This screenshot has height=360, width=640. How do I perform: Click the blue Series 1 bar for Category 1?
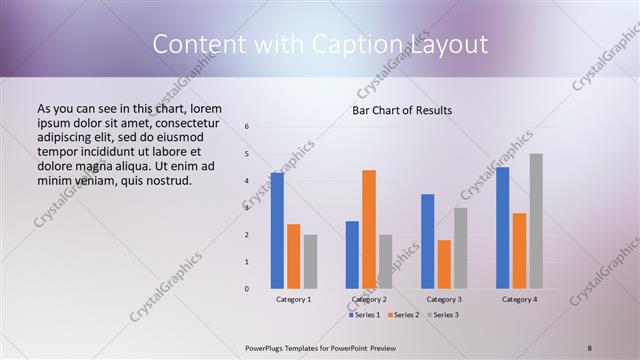tap(277, 231)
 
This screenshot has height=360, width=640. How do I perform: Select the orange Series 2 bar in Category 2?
tap(369, 229)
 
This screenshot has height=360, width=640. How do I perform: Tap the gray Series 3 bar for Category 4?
tap(536, 221)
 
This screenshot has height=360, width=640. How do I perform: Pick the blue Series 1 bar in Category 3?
tap(428, 241)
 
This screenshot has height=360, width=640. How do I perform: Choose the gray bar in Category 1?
tap(310, 262)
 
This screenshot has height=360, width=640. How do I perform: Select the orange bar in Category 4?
tap(519, 251)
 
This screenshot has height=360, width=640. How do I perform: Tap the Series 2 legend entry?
tap(404, 315)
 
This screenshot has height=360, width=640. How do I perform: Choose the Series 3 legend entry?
tap(442, 315)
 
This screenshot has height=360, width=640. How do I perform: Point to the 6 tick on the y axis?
tap(247, 127)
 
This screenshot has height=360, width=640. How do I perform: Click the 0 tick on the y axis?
tap(247, 289)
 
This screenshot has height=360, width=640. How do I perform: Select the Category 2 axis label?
tap(369, 299)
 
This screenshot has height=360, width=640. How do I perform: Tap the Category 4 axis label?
tap(519, 299)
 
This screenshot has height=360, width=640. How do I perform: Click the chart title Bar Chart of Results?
tap(402, 110)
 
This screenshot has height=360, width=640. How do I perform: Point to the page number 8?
tap(590, 347)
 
